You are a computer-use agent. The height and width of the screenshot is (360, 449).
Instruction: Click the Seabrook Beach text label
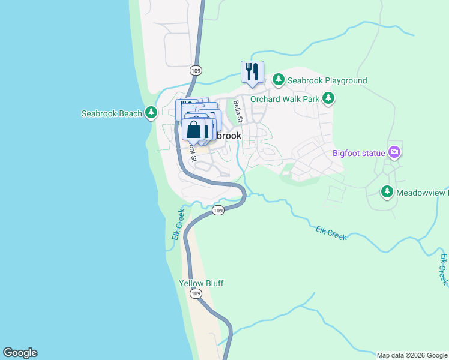coord(112,113)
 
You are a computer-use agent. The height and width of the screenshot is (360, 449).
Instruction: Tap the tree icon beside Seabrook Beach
coord(152,113)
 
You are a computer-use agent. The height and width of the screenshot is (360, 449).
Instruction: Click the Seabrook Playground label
coord(327,80)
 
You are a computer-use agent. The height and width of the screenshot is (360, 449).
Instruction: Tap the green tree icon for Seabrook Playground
coord(278,80)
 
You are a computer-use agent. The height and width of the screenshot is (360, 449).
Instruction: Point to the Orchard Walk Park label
coord(285,99)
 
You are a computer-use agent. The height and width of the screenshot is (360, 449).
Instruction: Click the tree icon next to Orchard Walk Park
coord(328,98)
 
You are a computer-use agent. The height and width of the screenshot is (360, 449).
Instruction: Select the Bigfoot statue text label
coord(358,153)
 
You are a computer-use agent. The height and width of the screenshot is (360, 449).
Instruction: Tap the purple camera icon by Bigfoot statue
coord(394,152)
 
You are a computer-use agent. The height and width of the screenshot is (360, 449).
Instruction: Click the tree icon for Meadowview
coord(387,192)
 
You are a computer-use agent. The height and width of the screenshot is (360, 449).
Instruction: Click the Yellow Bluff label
coord(201,283)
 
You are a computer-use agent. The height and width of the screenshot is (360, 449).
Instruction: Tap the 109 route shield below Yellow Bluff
coord(196,293)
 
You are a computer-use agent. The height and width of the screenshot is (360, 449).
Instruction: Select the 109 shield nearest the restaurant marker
coord(195,70)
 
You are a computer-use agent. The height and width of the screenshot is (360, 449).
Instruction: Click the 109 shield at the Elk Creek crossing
coord(218,210)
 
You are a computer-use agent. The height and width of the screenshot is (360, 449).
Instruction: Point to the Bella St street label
coord(238,112)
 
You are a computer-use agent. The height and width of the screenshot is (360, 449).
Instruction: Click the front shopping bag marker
coord(194,129)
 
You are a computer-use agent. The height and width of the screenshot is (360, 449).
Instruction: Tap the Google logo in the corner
coord(20,353)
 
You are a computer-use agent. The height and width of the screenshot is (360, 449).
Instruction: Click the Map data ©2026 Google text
coord(412,356)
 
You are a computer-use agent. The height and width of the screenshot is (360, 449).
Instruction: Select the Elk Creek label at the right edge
coord(444,269)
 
